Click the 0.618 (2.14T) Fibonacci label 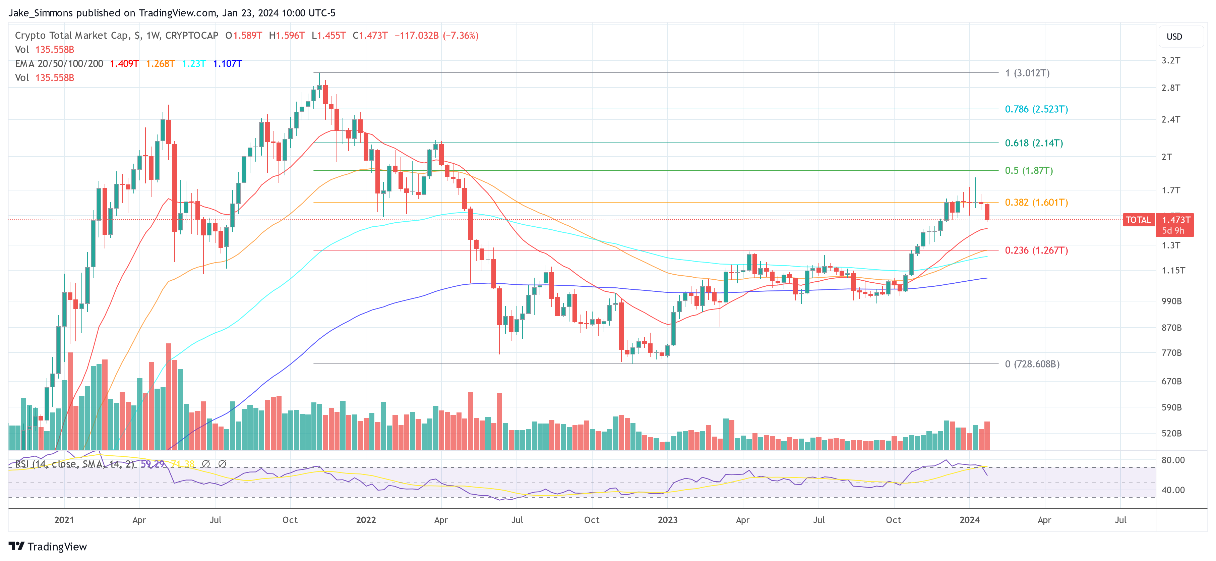tap(1033, 143)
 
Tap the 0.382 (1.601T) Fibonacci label tap(1036, 203)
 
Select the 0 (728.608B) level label tap(1032, 364)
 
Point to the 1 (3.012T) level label tap(1027, 73)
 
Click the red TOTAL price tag tap(1138, 220)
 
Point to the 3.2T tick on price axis tap(1171, 60)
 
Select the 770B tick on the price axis tap(1171, 353)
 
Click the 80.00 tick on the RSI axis tap(1172, 460)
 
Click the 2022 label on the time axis tap(366, 520)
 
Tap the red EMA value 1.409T tap(124, 64)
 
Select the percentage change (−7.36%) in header tap(460, 36)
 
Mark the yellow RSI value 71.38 tap(183, 464)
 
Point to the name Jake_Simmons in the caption tap(41, 13)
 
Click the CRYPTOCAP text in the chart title tap(192, 36)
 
